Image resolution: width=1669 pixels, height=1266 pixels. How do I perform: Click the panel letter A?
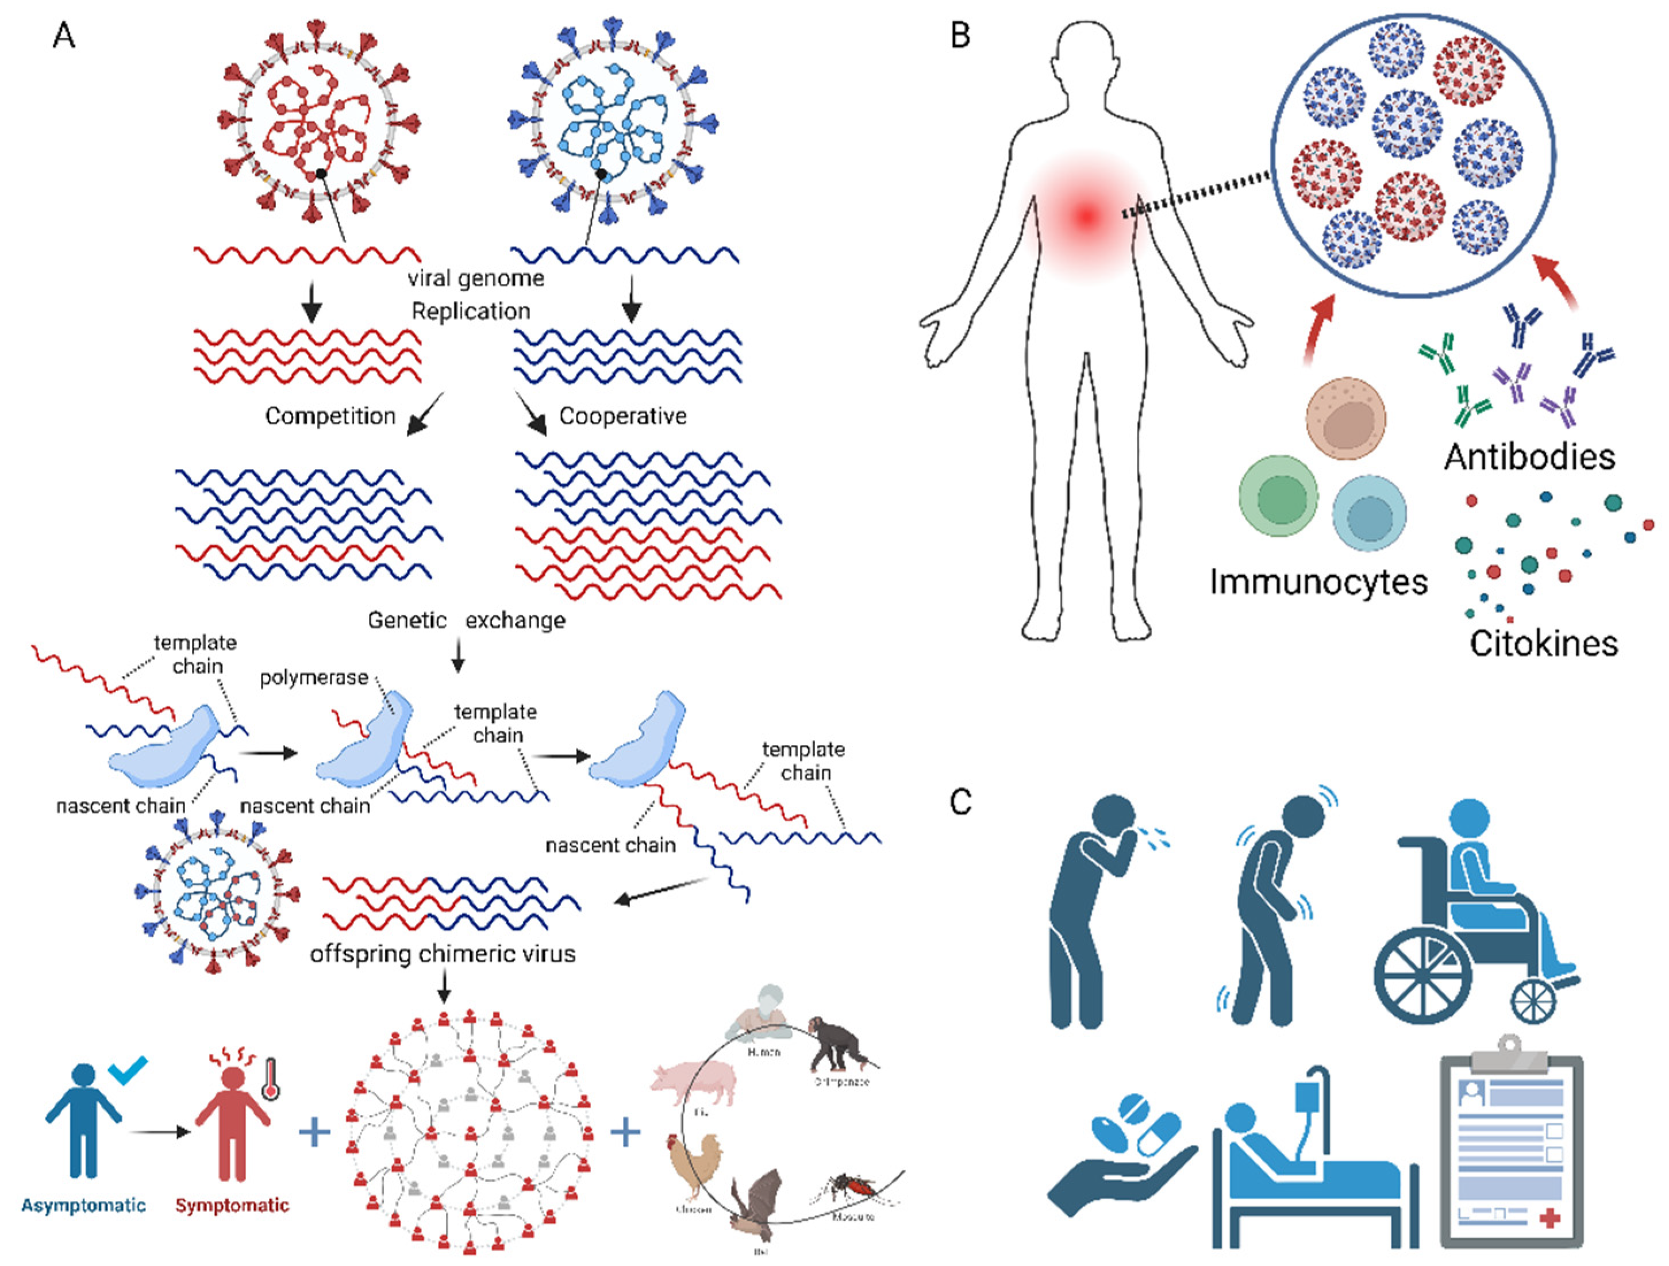pyautogui.click(x=64, y=36)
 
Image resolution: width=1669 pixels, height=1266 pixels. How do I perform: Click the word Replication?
pyautogui.click(x=471, y=311)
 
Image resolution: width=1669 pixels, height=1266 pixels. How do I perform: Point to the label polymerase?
pyautogui.click(x=314, y=678)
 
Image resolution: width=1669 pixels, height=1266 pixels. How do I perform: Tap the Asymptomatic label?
pyautogui.click(x=83, y=1205)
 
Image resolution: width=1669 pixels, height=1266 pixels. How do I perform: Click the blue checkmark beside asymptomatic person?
pyautogui.click(x=128, y=1070)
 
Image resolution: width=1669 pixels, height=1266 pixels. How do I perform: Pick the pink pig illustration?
pyautogui.click(x=692, y=1084)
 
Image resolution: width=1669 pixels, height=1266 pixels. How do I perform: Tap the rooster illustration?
pyautogui.click(x=693, y=1165)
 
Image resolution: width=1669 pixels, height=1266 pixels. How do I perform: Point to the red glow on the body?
pyautogui.click(x=1086, y=217)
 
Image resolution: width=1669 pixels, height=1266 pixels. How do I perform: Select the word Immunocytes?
pyautogui.click(x=1318, y=582)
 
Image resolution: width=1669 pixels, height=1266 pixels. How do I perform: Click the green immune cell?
pyautogui.click(x=1279, y=496)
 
